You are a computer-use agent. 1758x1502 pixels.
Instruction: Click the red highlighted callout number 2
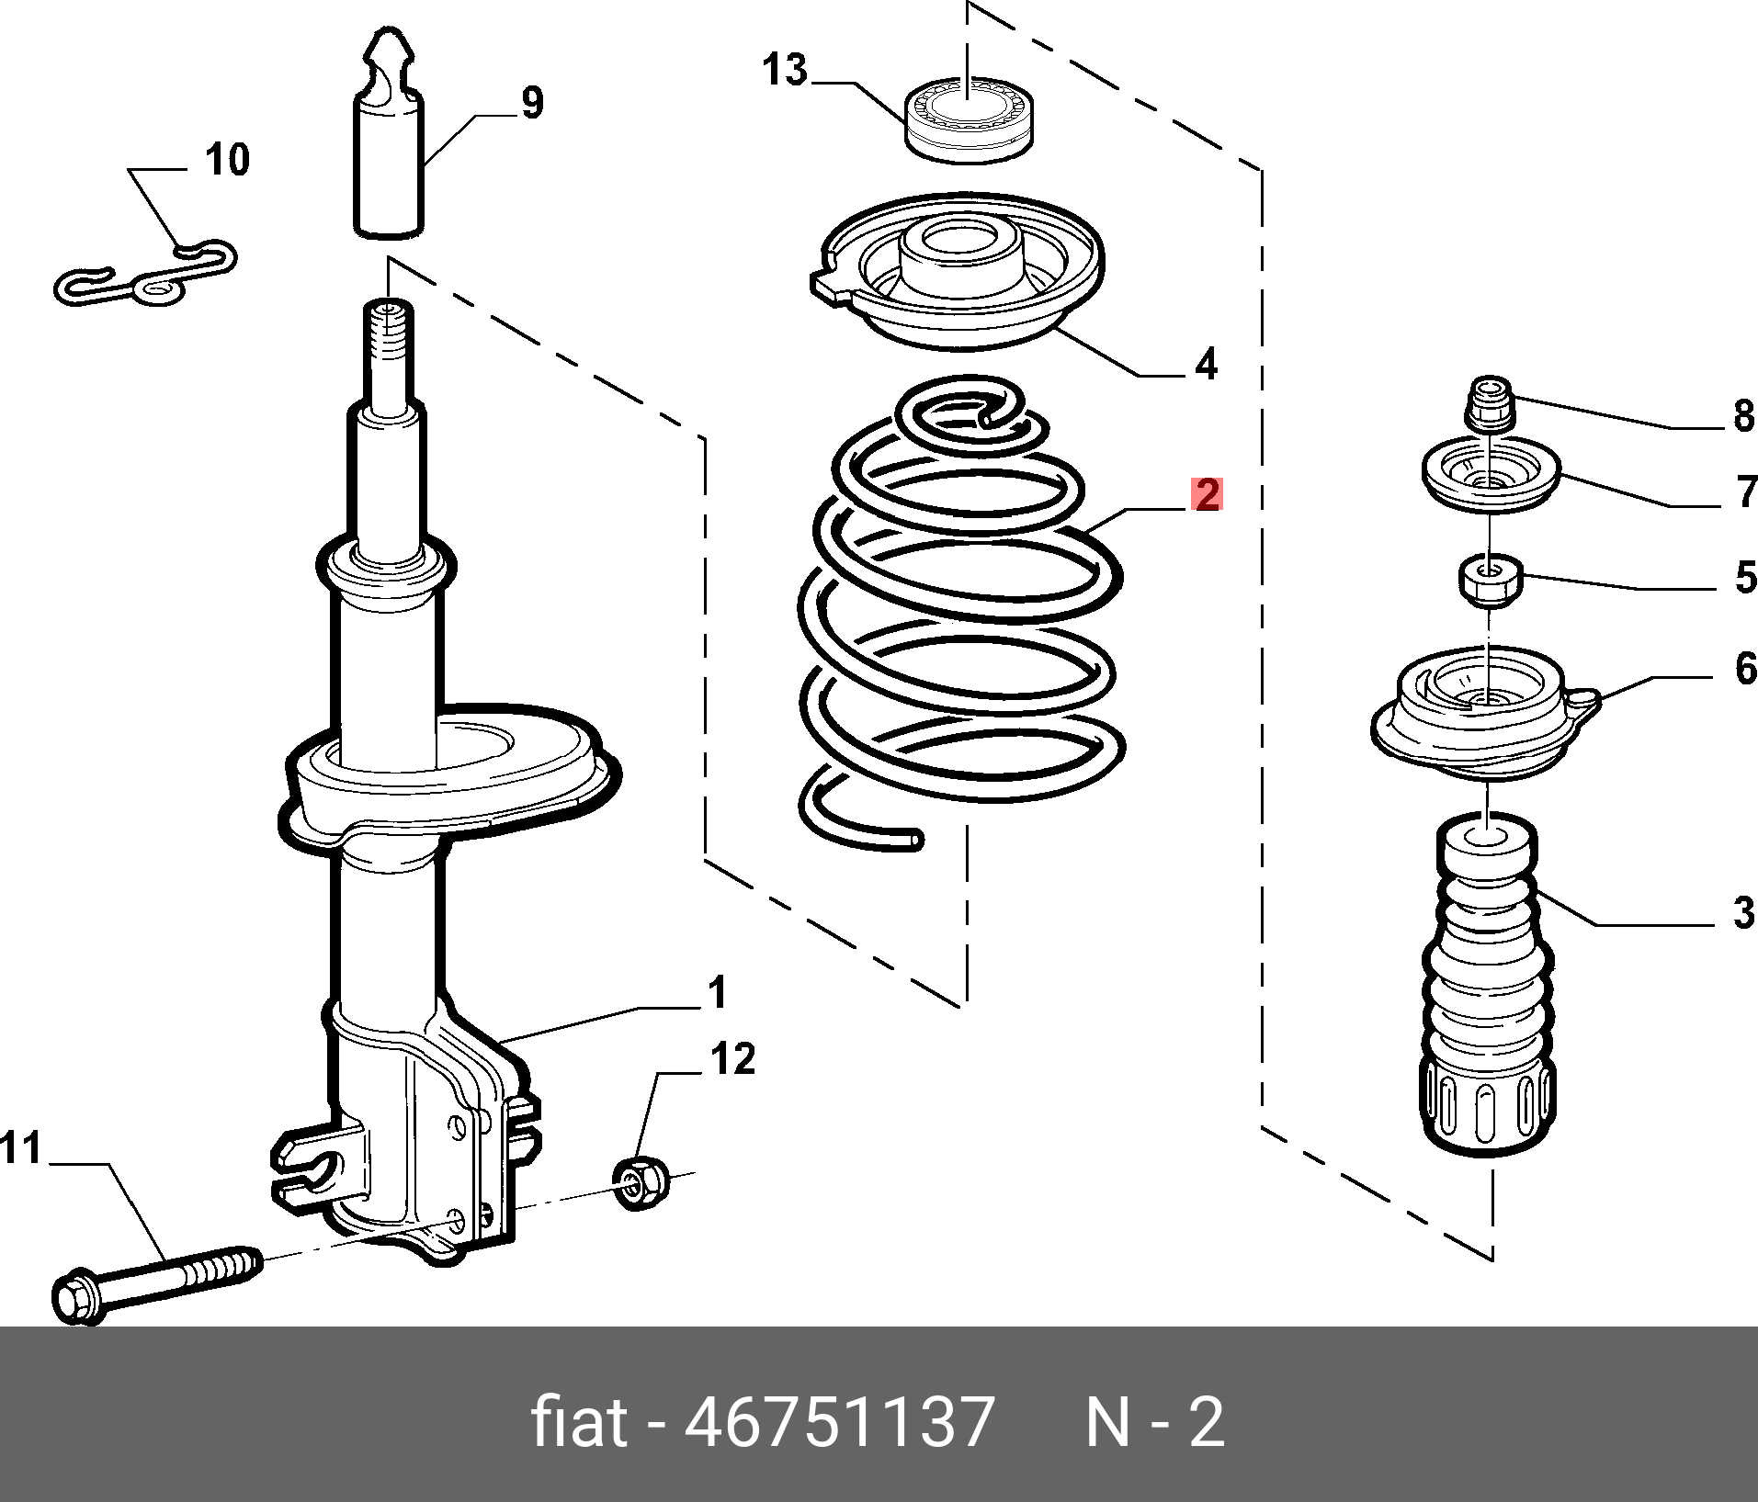(1206, 495)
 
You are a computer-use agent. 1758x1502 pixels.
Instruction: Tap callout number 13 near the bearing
(785, 70)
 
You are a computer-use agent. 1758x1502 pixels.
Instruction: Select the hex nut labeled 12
(641, 1184)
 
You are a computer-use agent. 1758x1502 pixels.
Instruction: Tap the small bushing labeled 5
(1491, 581)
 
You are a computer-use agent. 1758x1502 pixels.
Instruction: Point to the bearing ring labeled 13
(969, 120)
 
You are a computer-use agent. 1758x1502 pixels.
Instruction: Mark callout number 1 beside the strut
(718, 993)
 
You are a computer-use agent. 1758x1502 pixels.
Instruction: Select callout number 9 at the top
(532, 102)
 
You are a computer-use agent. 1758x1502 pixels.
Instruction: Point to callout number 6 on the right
(1745, 668)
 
